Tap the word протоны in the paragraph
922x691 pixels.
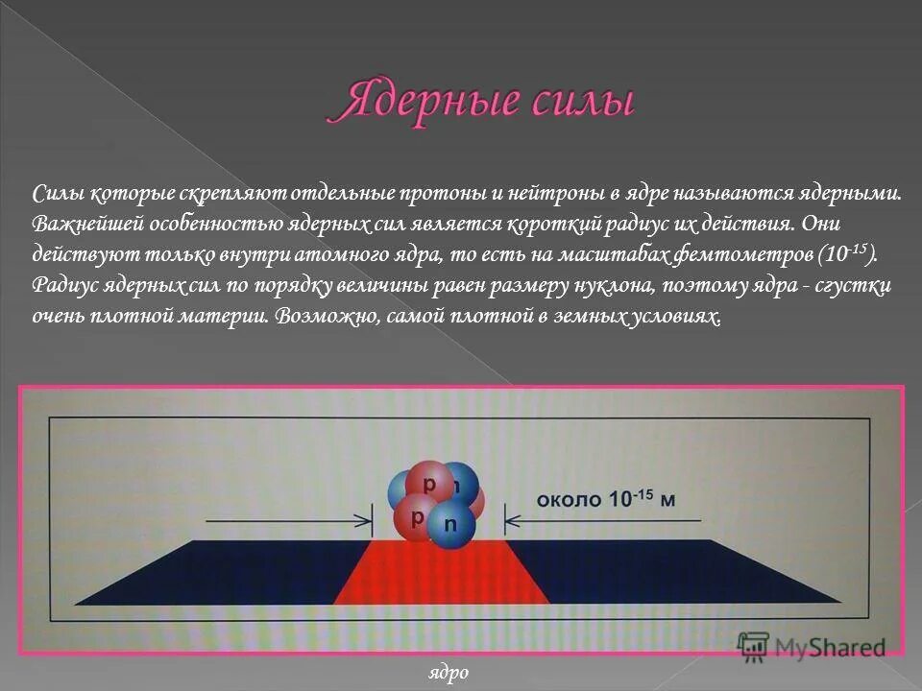449,194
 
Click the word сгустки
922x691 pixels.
845,286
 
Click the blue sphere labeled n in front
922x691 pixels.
449,523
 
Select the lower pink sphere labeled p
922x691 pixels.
417,518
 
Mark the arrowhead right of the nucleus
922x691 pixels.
511,521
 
